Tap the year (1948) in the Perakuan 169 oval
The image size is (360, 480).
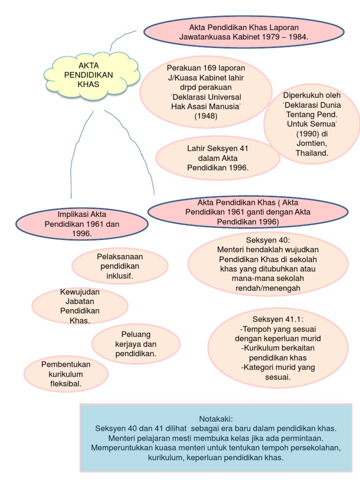click(x=206, y=116)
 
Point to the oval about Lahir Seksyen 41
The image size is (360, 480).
click(x=217, y=157)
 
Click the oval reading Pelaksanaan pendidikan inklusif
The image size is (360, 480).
click(x=120, y=266)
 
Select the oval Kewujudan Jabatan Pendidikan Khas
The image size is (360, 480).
click(x=80, y=306)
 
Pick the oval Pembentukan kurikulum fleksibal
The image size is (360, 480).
click(x=66, y=374)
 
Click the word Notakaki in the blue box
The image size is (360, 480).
click(x=215, y=418)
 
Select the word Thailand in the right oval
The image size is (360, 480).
click(x=312, y=153)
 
